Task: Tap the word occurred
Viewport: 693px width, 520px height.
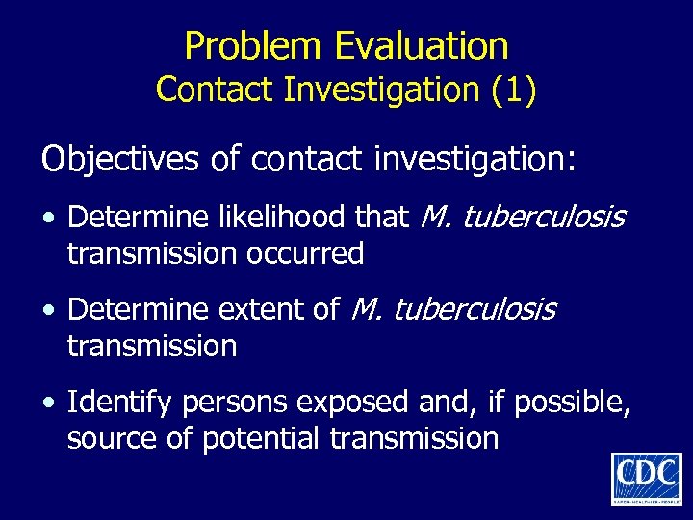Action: (318, 253)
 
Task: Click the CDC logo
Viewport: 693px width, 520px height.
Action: (646, 478)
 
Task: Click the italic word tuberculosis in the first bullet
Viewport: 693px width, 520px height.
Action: (544, 218)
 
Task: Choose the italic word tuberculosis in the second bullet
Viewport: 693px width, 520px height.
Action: (475, 309)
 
